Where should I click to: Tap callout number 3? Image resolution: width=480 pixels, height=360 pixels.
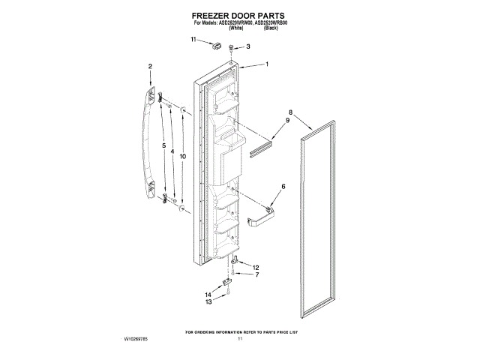[248, 46]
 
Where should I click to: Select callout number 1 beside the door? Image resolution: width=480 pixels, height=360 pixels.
[266, 64]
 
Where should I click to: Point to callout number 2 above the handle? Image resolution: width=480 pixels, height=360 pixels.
[150, 67]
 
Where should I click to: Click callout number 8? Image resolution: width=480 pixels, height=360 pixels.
[289, 112]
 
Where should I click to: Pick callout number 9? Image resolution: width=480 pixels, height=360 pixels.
[286, 121]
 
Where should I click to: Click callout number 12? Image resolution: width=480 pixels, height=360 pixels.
[256, 267]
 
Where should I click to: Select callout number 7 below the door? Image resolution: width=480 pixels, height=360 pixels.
[256, 274]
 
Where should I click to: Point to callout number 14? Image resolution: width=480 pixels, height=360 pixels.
[208, 294]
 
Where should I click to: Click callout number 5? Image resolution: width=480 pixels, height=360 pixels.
[163, 145]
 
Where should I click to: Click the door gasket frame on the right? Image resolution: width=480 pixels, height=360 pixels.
[316, 225]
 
